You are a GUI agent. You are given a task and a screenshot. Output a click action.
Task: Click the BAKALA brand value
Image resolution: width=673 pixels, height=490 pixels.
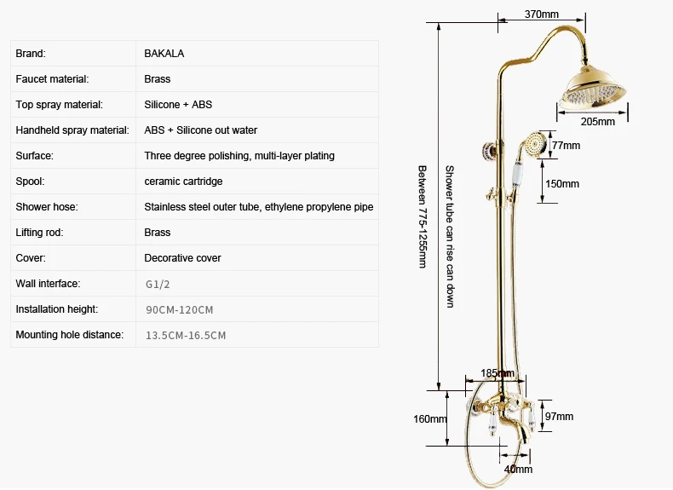[164, 53]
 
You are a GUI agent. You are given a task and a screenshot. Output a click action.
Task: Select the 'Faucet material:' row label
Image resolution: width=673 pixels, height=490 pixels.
[52, 79]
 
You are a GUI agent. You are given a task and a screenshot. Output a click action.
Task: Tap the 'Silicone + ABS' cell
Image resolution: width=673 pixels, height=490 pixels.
[178, 104]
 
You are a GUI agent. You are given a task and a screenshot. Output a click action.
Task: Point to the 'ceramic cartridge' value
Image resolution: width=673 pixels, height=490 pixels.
[183, 182]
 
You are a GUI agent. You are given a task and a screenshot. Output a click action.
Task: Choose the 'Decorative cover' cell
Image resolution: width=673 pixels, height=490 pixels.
[182, 258]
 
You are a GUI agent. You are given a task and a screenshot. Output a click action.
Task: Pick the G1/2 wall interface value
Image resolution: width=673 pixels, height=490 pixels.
[158, 285]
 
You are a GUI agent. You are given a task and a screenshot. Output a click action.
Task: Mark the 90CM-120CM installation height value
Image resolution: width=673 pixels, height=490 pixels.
[180, 309]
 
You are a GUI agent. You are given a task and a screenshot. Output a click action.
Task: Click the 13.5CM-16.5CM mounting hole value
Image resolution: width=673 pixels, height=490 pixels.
[186, 336]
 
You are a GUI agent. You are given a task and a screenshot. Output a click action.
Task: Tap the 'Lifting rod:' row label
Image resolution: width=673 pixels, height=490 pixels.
[39, 233]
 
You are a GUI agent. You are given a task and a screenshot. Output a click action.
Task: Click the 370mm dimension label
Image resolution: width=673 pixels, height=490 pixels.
[542, 14]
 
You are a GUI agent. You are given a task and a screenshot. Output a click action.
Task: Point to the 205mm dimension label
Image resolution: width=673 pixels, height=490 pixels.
[598, 122]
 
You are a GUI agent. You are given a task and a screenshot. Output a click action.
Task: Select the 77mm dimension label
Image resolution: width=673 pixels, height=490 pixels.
[567, 146]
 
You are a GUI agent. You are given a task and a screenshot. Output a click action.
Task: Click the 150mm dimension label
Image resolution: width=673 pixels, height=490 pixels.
[562, 184]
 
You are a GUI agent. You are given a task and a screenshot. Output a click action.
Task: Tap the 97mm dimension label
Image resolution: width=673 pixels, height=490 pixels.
[559, 416]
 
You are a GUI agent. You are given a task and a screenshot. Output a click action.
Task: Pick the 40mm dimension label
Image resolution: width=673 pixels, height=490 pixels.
[518, 469]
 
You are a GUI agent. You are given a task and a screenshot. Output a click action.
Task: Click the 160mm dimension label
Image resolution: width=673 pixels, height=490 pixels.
[430, 418]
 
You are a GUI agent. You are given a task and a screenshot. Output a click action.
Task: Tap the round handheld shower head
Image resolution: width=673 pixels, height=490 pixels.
[536, 144]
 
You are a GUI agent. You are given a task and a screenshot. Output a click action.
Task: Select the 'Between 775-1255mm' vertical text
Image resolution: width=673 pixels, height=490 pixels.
[423, 216]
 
